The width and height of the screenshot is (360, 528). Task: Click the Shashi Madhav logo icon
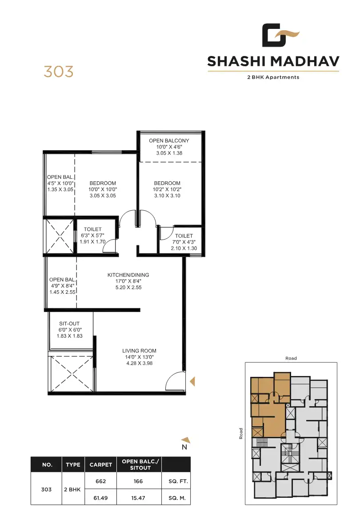(x=280, y=36)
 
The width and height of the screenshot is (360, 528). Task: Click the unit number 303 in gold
(x=58, y=71)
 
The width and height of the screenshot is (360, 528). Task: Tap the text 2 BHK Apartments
(x=273, y=77)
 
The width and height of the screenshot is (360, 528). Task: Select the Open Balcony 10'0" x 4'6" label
(x=169, y=147)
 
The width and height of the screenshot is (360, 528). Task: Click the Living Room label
(x=139, y=356)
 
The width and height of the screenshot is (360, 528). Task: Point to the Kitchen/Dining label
(x=128, y=281)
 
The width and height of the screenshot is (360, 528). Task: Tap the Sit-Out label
(x=69, y=330)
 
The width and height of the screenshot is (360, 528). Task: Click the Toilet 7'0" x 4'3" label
(x=184, y=242)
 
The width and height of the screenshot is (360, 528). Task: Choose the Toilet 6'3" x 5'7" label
(x=92, y=236)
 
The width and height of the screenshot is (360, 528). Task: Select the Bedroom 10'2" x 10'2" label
(x=167, y=189)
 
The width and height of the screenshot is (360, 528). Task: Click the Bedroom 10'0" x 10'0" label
(x=103, y=189)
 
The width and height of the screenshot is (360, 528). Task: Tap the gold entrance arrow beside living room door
(x=192, y=381)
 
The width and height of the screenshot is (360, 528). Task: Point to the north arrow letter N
(x=184, y=447)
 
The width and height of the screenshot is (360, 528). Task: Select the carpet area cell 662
(x=100, y=481)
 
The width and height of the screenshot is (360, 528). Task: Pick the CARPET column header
(x=100, y=464)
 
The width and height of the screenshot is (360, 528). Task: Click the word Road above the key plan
(x=291, y=358)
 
